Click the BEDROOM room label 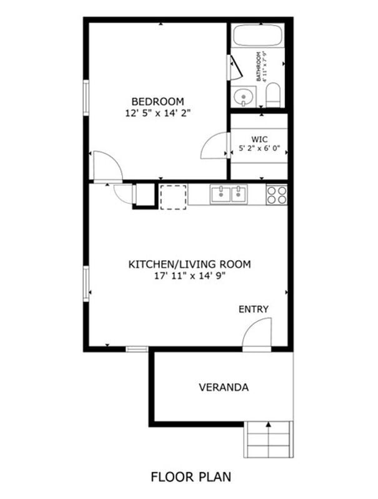pyautogui.click(x=158, y=102)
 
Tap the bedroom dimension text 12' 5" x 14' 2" pyautogui.click(x=158, y=113)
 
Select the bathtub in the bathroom pyautogui.click(x=257, y=36)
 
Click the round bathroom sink pyautogui.click(x=244, y=97)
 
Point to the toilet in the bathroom pyautogui.click(x=273, y=95)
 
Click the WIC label pyautogui.click(x=259, y=139)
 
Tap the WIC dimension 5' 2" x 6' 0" pyautogui.click(x=259, y=148)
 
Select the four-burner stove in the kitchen pyautogui.click(x=277, y=195)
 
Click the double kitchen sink pyautogui.click(x=229, y=195)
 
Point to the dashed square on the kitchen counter pyautogui.click(x=173, y=197)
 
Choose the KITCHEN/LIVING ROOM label pyautogui.click(x=189, y=264)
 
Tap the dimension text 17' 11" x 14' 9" pyautogui.click(x=190, y=276)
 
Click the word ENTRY pyautogui.click(x=254, y=309)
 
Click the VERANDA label pyautogui.click(x=224, y=387)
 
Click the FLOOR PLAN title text pyautogui.click(x=191, y=477)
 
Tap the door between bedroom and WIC pyautogui.click(x=215, y=146)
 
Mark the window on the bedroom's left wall pyautogui.click(x=86, y=98)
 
